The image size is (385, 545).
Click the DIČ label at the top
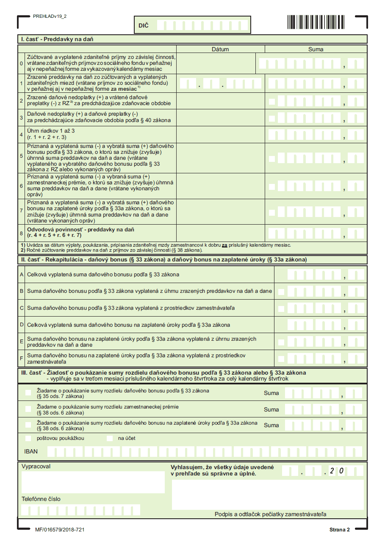click(144, 26)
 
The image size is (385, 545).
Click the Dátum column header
click(220, 49)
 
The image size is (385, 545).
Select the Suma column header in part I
click(316, 49)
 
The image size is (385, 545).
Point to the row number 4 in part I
click(22, 134)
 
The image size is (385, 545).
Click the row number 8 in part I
click(22, 233)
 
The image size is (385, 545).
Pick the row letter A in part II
click(22, 274)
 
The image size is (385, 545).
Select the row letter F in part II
click(22, 359)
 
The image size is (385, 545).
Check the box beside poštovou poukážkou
click(28, 438)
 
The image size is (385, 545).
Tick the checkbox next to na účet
click(110, 438)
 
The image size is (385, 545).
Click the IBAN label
click(31, 451)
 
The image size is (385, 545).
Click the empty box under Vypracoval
click(93, 482)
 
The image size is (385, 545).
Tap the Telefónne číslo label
click(41, 499)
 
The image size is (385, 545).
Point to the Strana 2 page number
click(340, 530)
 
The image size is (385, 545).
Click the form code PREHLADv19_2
click(50, 16)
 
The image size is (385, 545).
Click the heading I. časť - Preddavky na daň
click(57, 39)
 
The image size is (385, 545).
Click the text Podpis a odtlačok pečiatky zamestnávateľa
click(270, 514)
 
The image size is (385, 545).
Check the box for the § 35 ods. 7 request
click(28, 393)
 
